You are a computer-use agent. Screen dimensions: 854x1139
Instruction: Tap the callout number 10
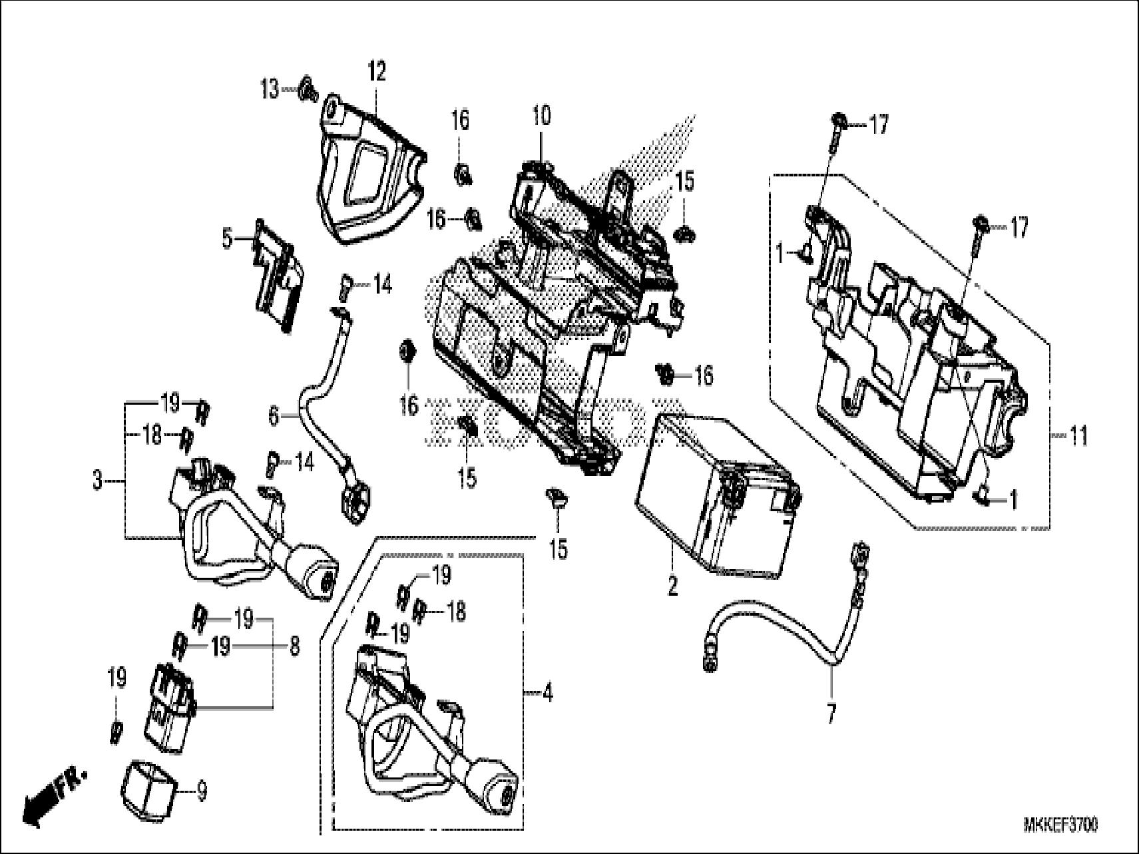click(x=541, y=116)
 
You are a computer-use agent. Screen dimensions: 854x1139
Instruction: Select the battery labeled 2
click(x=716, y=496)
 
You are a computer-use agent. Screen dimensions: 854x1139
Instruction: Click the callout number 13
click(x=270, y=89)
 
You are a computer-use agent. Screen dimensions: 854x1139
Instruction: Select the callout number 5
click(x=228, y=238)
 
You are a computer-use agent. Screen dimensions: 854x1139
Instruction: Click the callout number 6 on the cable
click(x=273, y=417)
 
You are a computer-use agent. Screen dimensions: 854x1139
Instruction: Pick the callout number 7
click(x=830, y=714)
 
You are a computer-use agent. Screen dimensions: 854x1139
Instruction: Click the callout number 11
click(x=1078, y=437)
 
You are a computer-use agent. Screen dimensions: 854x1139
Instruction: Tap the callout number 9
click(x=202, y=791)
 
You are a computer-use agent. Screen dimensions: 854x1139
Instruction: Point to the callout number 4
click(x=547, y=694)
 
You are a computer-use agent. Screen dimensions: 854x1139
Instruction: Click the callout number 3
click(x=98, y=480)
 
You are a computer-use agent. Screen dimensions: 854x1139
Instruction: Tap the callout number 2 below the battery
click(x=672, y=586)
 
